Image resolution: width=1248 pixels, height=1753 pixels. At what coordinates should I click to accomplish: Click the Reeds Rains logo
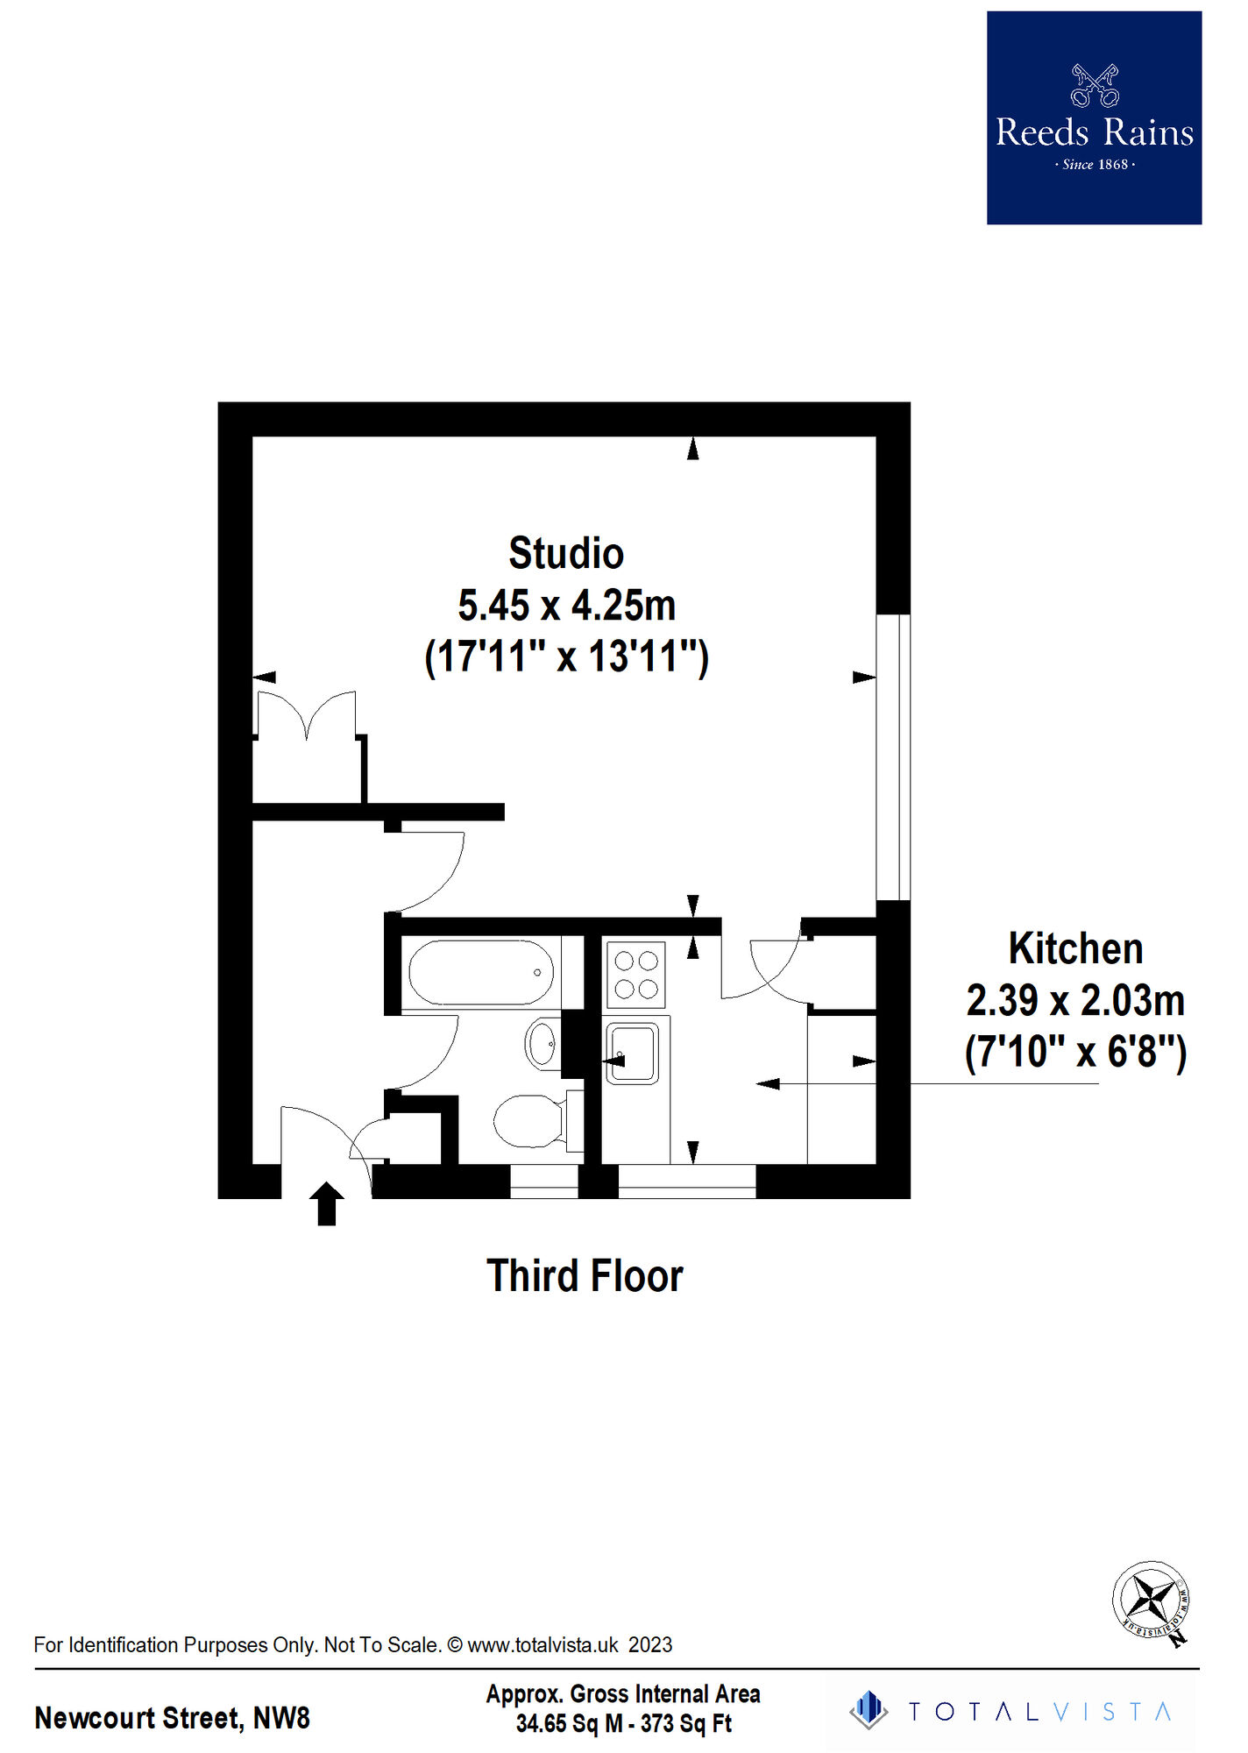(x=1094, y=118)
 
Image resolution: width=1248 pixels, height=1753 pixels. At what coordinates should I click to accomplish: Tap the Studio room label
(x=566, y=554)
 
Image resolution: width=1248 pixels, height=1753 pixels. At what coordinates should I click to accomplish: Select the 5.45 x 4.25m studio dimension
(x=567, y=606)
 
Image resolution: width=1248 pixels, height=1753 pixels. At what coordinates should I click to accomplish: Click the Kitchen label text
(x=1075, y=948)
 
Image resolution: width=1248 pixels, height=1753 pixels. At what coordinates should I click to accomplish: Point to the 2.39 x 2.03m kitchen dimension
(x=1075, y=1000)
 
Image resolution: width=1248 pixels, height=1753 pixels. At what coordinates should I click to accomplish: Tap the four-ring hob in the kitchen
(x=636, y=975)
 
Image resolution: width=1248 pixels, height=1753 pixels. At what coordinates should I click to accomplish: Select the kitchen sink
(x=632, y=1053)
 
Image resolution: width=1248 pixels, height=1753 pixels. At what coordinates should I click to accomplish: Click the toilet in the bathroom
(x=538, y=1120)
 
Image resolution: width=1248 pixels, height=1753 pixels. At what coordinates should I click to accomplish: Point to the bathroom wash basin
(x=542, y=1044)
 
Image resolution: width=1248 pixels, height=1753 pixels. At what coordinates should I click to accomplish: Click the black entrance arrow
(x=327, y=1203)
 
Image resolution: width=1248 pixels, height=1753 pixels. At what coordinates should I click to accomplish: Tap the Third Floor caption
(x=585, y=1276)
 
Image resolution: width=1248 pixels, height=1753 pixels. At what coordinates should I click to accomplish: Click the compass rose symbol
(x=1152, y=1600)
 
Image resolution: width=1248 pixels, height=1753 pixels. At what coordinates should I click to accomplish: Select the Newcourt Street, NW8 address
(x=173, y=1718)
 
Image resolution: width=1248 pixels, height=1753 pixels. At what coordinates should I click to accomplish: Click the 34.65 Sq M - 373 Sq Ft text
(x=623, y=1723)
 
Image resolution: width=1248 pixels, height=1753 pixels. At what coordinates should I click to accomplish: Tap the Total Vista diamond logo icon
(x=869, y=1710)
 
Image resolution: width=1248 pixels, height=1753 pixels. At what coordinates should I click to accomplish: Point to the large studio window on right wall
(x=893, y=757)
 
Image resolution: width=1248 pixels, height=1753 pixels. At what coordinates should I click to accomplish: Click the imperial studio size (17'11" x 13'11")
(x=566, y=657)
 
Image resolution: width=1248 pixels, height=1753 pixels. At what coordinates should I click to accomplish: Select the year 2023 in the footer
(x=650, y=1645)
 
